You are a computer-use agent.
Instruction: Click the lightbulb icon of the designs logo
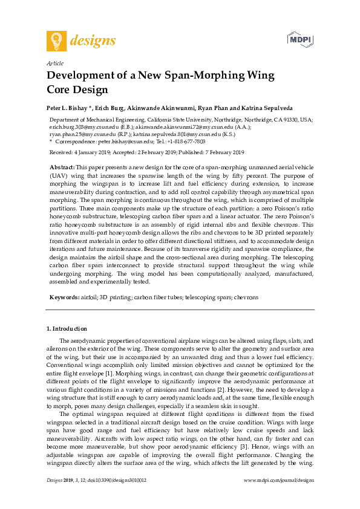click(56, 41)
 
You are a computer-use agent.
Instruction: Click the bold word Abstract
click(62, 166)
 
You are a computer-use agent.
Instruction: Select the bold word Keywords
click(64, 298)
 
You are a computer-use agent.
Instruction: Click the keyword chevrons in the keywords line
click(246, 298)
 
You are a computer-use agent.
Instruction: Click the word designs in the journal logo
click(93, 41)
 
